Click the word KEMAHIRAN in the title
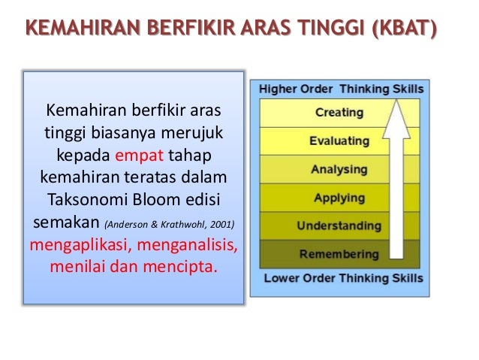click(83, 28)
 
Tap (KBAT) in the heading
click(405, 29)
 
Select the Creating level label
click(339, 113)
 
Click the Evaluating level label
click(339, 141)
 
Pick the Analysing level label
click(339, 169)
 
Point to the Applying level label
click(339, 198)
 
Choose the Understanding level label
click(339, 225)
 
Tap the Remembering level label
click(339, 254)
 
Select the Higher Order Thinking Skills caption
click(341, 89)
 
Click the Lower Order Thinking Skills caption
click(343, 278)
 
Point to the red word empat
click(140, 156)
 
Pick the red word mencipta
click(179, 267)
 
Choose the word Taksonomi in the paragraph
click(88, 199)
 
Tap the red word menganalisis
click(187, 245)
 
